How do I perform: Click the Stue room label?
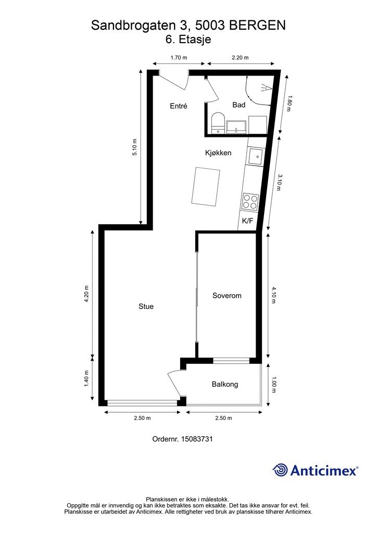[146, 306]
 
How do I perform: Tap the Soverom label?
[227, 296]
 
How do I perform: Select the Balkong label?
[225, 385]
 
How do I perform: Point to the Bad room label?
[238, 105]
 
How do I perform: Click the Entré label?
[179, 106]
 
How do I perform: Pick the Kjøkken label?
[218, 153]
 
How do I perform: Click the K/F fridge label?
[247, 221]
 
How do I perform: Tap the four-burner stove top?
[250, 201]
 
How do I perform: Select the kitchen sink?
[256, 156]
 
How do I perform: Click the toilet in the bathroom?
[218, 124]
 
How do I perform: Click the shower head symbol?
[266, 88]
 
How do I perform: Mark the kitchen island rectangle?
[205, 186]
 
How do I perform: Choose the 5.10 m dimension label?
[135, 147]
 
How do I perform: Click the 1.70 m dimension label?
[179, 57]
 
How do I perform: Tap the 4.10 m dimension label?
[274, 295]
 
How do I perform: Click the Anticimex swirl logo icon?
[280, 470]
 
